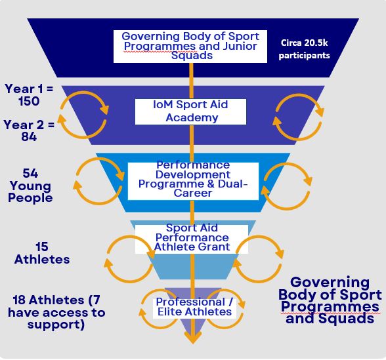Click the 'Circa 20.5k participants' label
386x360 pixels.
[305, 49]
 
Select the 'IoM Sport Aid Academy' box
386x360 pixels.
[190, 111]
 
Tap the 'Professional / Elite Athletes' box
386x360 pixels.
[194, 308]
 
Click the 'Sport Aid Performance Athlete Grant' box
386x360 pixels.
[192, 239]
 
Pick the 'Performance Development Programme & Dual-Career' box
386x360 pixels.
[193, 181]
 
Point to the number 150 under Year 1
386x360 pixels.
[29, 101]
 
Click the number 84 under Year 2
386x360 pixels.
[29, 136]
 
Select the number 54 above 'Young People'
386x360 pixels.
[30, 173]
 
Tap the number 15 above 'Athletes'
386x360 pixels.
[41, 247]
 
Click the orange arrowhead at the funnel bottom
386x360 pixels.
[193, 338]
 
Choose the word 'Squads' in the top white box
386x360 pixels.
[192, 55]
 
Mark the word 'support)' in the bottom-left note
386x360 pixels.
[56, 325]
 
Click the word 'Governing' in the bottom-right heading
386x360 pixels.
[330, 283]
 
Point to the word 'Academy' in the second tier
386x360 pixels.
[192, 117]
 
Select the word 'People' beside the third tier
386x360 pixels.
[30, 198]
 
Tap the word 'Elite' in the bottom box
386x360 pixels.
[171, 312]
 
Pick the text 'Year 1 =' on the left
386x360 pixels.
[29, 89]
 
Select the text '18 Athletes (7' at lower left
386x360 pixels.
[56, 300]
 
